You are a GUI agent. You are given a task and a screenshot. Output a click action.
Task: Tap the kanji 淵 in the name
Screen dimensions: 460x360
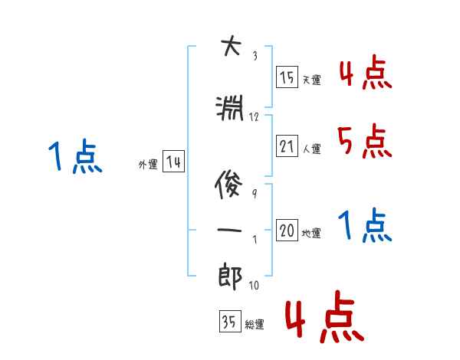click(229, 110)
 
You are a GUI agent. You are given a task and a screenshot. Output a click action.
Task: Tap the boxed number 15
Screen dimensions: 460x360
click(287, 77)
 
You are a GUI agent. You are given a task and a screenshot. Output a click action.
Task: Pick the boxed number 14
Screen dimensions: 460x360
click(173, 162)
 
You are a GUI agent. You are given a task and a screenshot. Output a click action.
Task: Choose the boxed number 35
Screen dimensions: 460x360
click(229, 322)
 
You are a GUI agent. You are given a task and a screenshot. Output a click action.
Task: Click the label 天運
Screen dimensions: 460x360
click(311, 80)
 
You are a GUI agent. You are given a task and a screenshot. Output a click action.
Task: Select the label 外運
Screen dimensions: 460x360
click(147, 164)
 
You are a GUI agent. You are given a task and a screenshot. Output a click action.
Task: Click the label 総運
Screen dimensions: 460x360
click(255, 324)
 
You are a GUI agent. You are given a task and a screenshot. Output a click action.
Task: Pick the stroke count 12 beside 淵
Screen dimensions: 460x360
click(255, 117)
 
